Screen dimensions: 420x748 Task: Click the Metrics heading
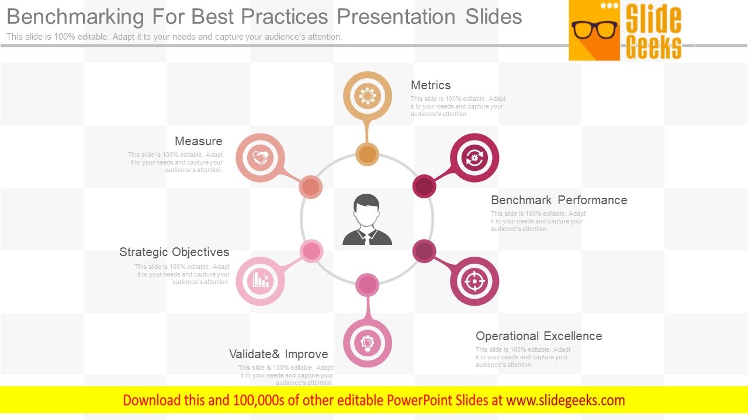431,86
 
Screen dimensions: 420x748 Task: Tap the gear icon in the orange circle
368,96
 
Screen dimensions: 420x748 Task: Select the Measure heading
198,141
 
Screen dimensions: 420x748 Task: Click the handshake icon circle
261,158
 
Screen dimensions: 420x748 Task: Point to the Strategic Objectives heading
174,252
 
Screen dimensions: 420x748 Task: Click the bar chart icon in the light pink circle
261,281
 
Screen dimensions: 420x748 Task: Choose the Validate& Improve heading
278,354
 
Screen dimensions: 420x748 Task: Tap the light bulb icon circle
368,342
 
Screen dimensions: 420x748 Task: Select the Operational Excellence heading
538,336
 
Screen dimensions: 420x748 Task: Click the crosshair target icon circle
475,281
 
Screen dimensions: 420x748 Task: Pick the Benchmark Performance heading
559,200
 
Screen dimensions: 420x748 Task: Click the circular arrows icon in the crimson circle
475,158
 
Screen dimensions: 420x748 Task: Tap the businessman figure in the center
367,220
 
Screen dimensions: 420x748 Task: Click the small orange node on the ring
367,155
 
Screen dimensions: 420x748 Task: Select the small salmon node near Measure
311,187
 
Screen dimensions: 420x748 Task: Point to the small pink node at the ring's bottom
367,285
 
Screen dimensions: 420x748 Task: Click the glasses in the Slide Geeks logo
594,29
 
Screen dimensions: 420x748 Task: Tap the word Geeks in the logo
653,47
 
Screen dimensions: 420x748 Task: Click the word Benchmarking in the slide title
75,16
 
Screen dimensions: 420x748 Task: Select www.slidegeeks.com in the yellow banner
565,400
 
